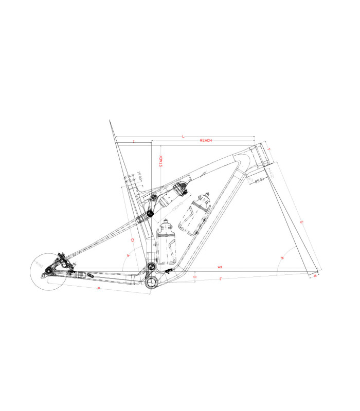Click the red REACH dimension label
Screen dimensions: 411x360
pos(206,140)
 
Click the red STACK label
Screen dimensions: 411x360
pos(161,161)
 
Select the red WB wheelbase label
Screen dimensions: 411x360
pos(220,268)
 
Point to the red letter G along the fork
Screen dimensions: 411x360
pos(301,222)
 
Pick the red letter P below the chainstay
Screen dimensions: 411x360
pos(98,290)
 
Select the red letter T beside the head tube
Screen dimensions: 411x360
pos(268,148)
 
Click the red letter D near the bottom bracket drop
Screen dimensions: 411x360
pos(195,277)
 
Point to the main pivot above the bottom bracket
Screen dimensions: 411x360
pos(151,266)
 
